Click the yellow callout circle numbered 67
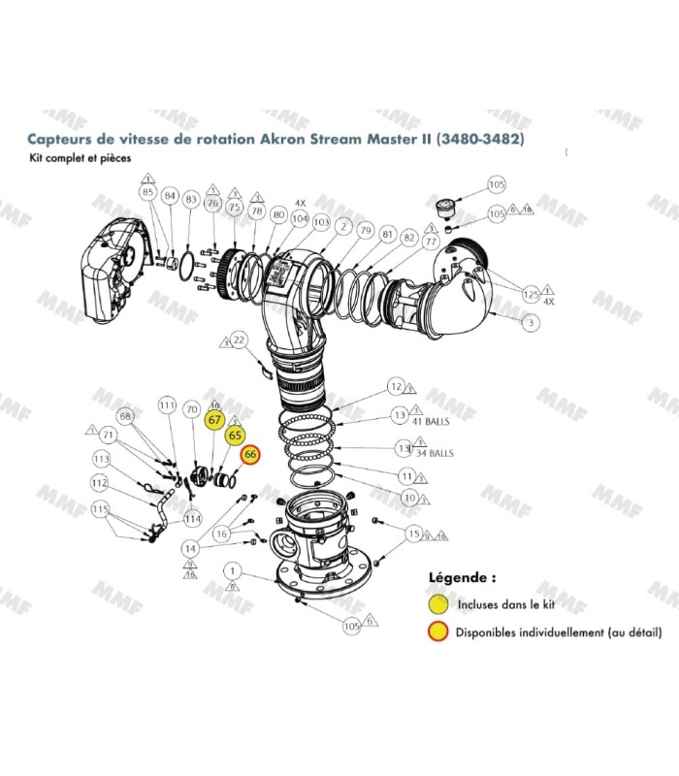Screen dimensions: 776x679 pos(215,420)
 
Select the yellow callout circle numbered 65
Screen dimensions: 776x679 pos(234,437)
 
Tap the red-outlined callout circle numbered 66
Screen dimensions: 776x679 pos(250,454)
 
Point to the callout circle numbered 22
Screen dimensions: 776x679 pos(241,339)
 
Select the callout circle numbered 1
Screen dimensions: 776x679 pos(232,569)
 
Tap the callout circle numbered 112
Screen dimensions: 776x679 pos(99,482)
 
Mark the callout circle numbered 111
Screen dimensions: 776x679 pos(167,405)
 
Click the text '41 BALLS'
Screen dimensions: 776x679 pos(432,422)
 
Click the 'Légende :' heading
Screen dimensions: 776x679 pos(462,576)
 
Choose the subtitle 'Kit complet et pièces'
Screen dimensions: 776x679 pos(79,157)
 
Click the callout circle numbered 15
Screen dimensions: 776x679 pos(414,533)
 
